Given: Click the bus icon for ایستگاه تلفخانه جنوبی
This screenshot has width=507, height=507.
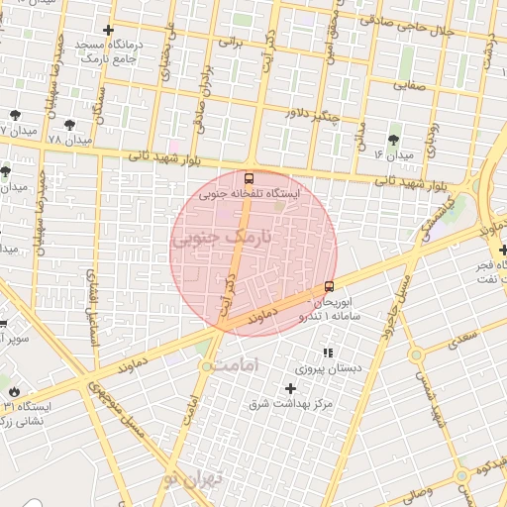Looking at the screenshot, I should click(x=248, y=179).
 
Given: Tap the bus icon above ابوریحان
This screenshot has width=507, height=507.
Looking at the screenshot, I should click(x=329, y=287).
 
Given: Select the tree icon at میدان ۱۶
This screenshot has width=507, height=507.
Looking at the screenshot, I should click(x=393, y=139).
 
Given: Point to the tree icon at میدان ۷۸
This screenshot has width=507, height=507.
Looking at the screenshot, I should click(x=68, y=124).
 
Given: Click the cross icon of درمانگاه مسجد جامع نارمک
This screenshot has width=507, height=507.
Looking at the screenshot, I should click(x=108, y=31).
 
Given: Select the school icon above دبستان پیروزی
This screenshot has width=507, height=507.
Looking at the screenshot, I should click(x=328, y=353).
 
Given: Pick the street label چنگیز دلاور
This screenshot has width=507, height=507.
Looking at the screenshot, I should click(x=313, y=115).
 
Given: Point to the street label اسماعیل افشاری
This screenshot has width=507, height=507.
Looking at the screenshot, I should click(x=93, y=307).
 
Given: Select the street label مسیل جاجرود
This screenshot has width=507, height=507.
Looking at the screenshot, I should click(x=395, y=288).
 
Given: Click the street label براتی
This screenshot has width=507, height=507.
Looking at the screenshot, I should click(x=231, y=43).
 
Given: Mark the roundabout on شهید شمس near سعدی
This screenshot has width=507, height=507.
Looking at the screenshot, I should click(x=416, y=355).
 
